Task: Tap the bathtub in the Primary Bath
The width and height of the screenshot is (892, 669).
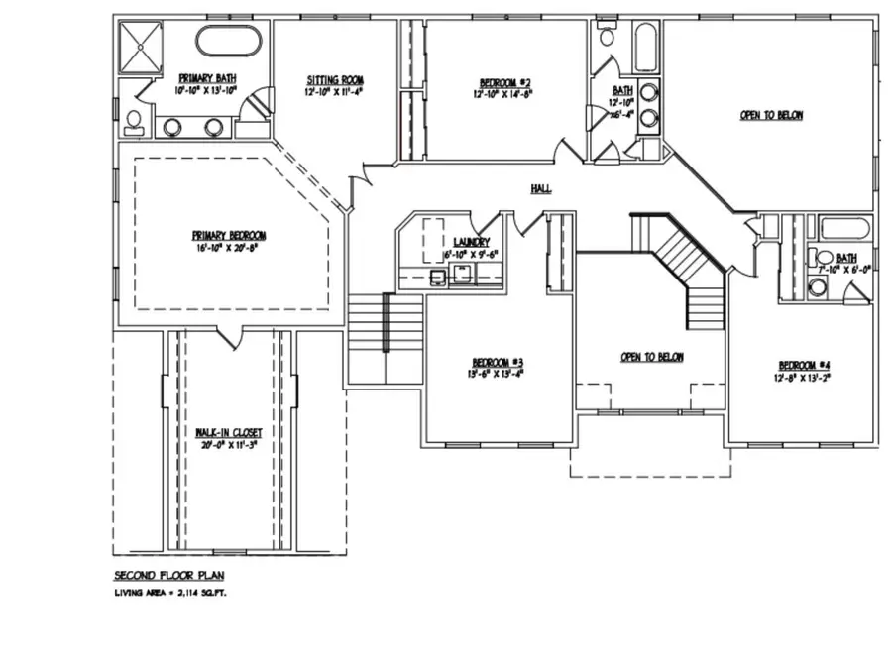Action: [227, 42]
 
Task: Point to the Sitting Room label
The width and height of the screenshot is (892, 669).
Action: [334, 79]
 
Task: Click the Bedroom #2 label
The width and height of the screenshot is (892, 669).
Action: [506, 82]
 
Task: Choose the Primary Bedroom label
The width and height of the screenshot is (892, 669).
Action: [229, 235]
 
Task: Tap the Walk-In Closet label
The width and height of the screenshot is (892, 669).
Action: [228, 432]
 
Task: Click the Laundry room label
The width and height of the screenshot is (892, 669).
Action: [471, 242]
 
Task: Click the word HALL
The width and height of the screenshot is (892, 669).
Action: [540, 188]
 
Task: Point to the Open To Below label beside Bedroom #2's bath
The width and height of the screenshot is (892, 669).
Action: [771, 115]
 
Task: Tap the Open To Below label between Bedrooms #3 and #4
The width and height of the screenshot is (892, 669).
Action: [651, 357]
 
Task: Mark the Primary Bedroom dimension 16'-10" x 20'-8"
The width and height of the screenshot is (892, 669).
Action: [229, 248]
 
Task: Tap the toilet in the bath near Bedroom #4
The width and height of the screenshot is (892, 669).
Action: [819, 287]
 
